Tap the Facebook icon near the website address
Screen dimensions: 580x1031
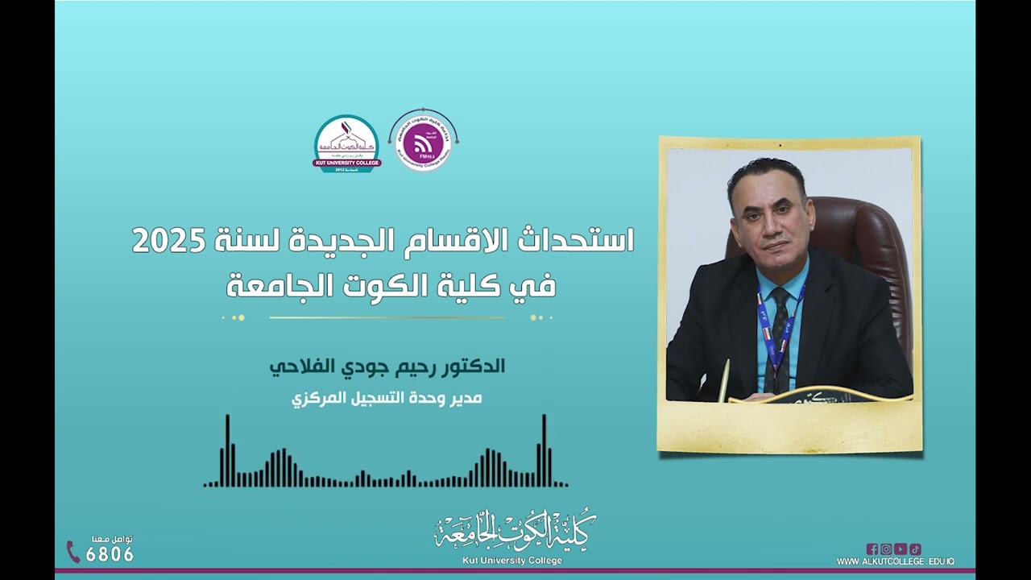pyautogui.click(x=872, y=549)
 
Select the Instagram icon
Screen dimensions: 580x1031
pyautogui.click(x=886, y=549)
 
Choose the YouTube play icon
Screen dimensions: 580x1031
pyautogui.click(x=901, y=549)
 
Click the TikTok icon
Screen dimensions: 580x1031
pyautogui.click(x=915, y=549)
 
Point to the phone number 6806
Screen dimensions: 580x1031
pyautogui.click(x=110, y=554)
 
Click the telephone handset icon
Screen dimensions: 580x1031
pyautogui.click(x=73, y=552)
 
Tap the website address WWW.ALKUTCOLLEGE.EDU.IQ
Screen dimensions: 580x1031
pyautogui.click(x=895, y=561)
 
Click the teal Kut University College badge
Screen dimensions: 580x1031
pyautogui.click(x=347, y=143)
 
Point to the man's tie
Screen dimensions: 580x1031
pyautogui.click(x=780, y=330)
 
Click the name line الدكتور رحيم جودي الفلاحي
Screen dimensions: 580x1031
pyautogui.click(x=387, y=367)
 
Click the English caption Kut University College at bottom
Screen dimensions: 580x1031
pyautogui.click(x=512, y=561)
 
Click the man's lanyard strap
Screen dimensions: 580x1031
pyautogui.click(x=763, y=322)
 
